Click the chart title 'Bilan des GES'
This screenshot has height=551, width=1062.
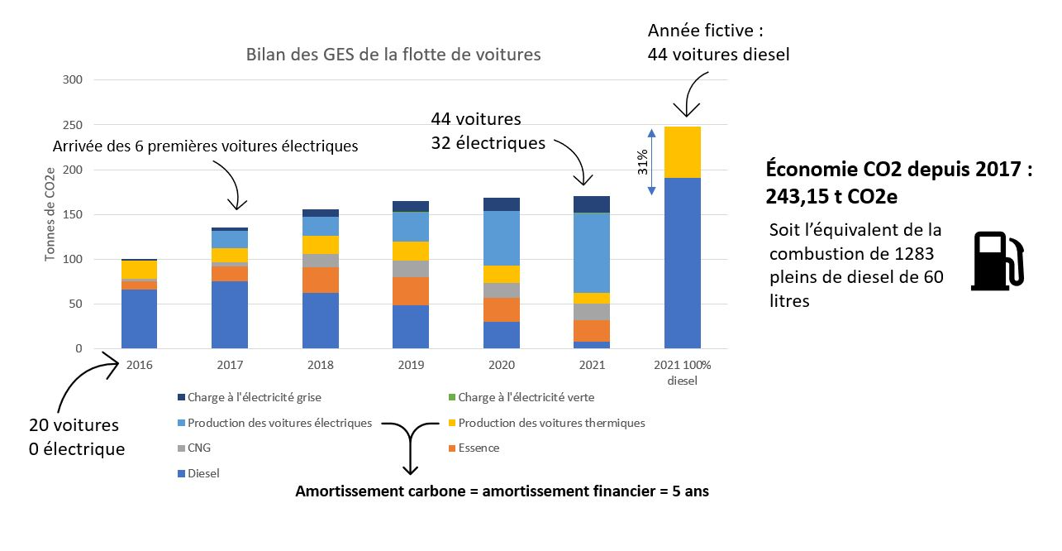click(393, 55)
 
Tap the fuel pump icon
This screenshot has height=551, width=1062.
click(998, 260)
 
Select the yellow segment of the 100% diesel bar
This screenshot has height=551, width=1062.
click(683, 152)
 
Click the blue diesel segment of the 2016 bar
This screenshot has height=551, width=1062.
click(140, 319)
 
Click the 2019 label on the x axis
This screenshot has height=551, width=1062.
click(411, 365)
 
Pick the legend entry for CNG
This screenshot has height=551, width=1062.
click(199, 448)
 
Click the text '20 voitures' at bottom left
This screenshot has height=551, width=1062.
click(74, 425)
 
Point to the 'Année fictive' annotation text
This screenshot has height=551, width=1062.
click(705, 31)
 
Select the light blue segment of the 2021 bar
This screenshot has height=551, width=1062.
click(592, 252)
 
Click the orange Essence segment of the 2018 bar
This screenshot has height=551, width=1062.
click(321, 280)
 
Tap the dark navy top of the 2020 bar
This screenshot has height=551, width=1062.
click(502, 204)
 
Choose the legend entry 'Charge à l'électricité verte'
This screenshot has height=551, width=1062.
click(526, 397)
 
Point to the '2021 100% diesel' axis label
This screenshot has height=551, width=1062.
click(683, 372)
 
